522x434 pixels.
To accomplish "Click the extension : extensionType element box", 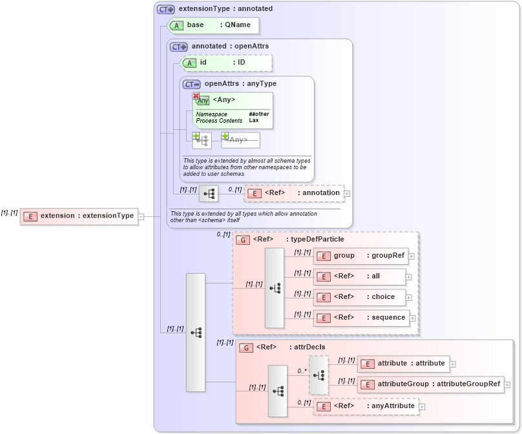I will coord(79,216).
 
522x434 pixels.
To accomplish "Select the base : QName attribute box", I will coord(213,25).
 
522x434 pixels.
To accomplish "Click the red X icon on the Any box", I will coord(196,96).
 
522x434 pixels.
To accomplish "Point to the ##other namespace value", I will coord(258,114).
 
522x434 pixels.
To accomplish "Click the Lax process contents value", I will coord(253,121).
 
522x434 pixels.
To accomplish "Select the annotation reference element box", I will coord(294,193).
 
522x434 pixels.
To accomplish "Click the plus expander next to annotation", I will coord(348,193).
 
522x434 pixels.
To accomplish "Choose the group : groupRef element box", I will coord(360,256).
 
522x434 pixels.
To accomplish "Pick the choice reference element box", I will coord(360,297).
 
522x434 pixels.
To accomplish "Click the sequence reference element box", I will coord(361,318).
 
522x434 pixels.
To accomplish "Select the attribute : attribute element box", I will coord(402,364).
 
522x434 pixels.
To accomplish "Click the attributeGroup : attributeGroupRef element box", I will coord(430,384).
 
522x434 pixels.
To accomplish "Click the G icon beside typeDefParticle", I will coord(243,240).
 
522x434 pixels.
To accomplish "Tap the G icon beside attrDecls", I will coord(245,347).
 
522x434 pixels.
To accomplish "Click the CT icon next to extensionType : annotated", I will coord(166,9).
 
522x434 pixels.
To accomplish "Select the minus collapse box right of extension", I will coord(141,216).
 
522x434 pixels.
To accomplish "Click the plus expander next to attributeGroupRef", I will coord(508,385).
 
